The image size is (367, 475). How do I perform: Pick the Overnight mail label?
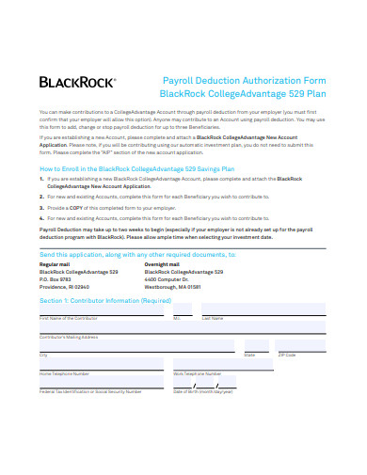tap(166, 263)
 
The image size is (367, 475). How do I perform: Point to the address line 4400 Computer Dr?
tap(168, 279)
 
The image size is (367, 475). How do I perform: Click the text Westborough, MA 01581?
tap(173, 288)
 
